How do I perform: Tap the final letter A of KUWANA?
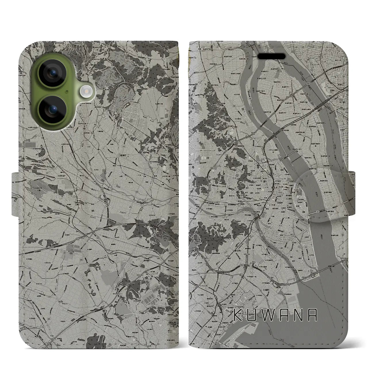point(313,315)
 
